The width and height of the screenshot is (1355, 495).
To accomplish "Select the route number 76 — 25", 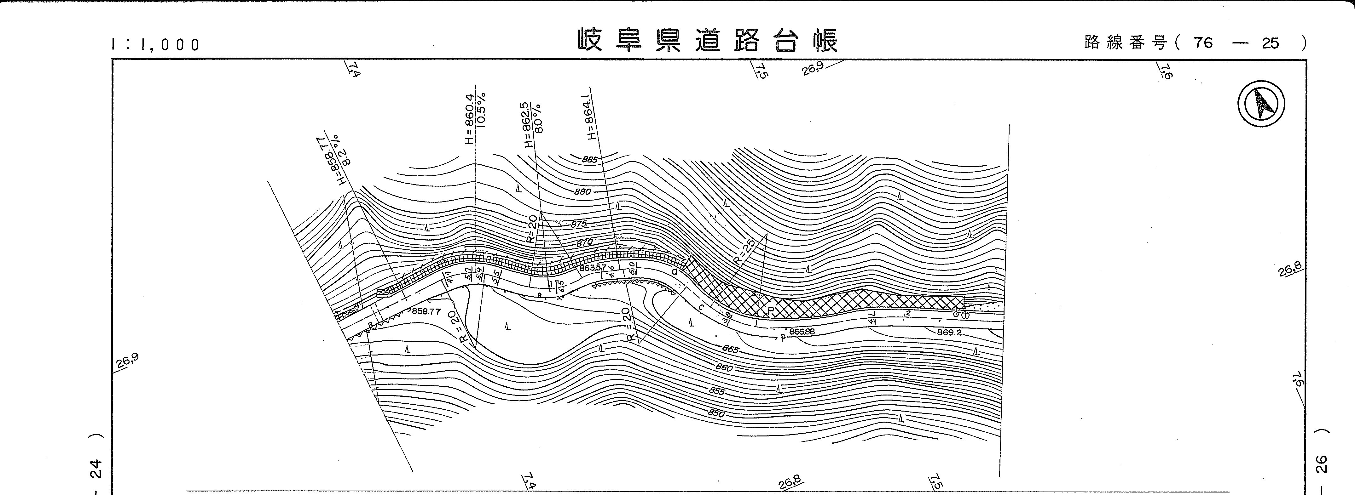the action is click(x=1231, y=43).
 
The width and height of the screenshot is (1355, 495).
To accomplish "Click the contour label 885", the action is click(x=590, y=159).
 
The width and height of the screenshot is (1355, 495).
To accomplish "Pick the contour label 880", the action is click(x=582, y=192).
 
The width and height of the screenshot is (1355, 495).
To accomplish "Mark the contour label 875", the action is click(x=578, y=224).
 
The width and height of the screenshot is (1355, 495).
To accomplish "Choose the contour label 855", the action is click(x=716, y=391).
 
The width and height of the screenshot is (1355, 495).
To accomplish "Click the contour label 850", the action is click(x=716, y=413).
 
